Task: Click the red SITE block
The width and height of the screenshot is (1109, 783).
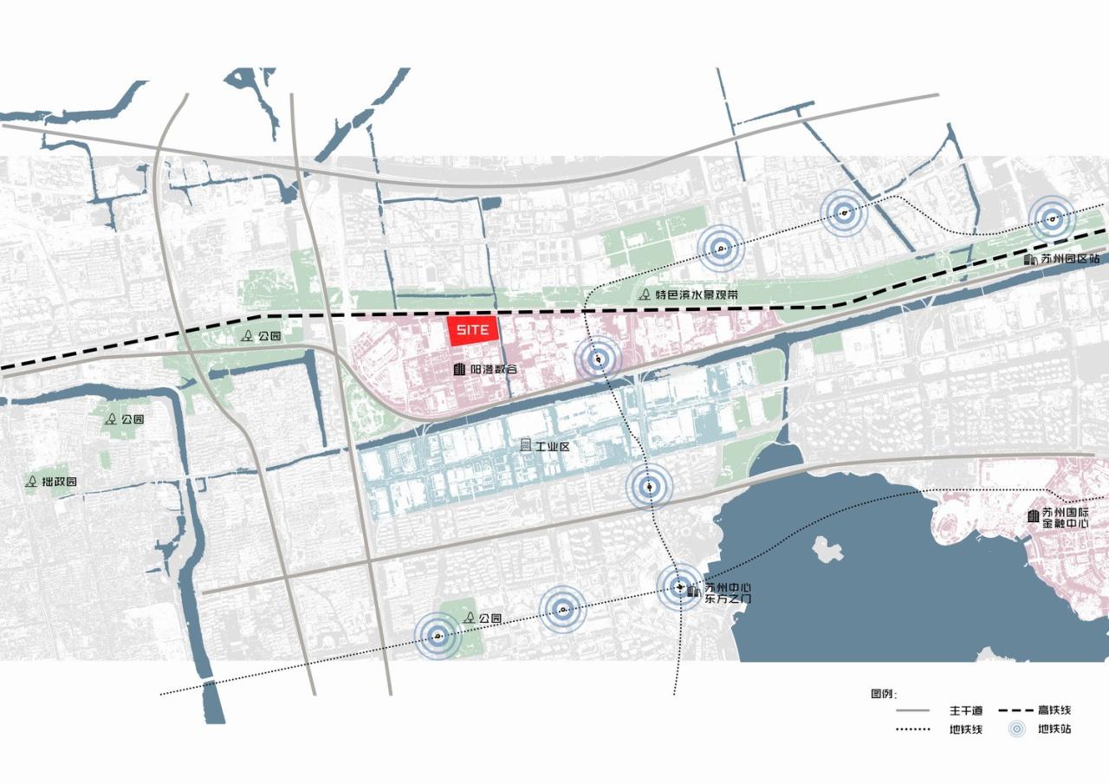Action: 473,330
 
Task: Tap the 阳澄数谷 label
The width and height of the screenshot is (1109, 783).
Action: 493,370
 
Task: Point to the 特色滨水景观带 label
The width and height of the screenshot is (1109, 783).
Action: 697,294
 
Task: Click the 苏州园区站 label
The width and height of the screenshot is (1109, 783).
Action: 1069,259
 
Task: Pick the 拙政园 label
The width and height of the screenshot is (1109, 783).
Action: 60,482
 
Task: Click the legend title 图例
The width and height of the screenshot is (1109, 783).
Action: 883,694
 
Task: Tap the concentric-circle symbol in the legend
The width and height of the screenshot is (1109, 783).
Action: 1019,729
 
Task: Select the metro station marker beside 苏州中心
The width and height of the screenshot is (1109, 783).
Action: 679,586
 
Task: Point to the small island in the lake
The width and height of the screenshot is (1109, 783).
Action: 828,548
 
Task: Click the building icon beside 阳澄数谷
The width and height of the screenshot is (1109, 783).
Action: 459,370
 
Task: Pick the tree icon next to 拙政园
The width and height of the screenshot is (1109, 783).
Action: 32,481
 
